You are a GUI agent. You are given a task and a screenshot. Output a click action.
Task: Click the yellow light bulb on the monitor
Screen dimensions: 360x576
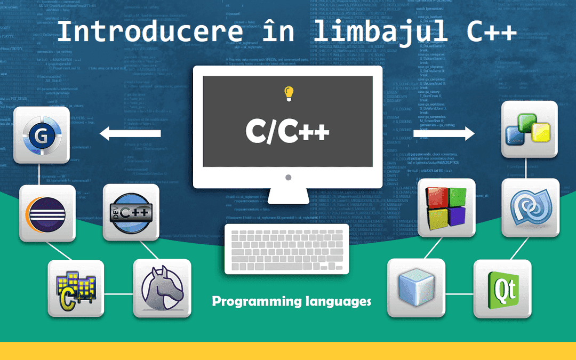289,93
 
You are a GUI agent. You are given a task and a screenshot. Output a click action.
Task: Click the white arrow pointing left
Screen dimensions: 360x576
131,133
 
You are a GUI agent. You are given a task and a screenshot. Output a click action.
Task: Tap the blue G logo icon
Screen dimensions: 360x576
42,135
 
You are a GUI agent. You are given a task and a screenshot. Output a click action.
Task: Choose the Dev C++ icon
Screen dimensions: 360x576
131,212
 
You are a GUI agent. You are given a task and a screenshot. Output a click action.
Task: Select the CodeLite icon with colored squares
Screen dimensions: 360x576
529,129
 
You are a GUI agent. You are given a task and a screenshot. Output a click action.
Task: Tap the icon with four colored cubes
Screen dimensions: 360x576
446,207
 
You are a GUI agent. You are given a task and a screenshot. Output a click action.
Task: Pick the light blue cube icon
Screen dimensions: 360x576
415,287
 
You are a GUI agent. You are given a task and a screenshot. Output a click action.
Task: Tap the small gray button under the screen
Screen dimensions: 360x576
288,177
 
